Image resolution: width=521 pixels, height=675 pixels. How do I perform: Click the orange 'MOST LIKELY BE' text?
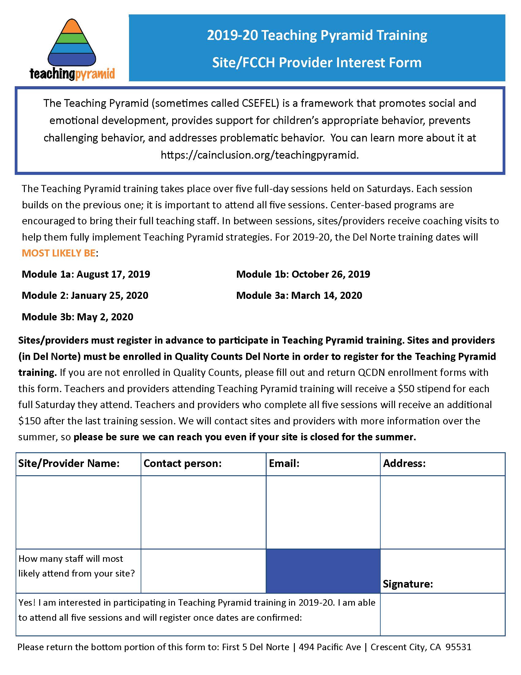pyautogui.click(x=59, y=253)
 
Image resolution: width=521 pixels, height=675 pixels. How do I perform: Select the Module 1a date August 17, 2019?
pyautogui.click(x=113, y=274)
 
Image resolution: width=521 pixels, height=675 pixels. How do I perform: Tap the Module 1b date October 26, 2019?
pyautogui.click(x=331, y=274)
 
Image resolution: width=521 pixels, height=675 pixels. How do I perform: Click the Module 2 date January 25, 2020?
pyautogui.click(x=110, y=295)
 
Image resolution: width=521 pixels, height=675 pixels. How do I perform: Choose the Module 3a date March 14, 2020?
pyautogui.click(x=327, y=295)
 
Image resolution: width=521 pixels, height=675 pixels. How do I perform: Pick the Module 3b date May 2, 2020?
pyautogui.click(x=105, y=317)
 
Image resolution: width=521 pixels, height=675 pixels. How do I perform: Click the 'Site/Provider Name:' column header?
pyautogui.click(x=69, y=463)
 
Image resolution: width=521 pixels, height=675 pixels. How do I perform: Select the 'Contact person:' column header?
pyautogui.click(x=182, y=463)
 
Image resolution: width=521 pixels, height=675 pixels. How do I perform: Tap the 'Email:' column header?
pyautogui.click(x=284, y=463)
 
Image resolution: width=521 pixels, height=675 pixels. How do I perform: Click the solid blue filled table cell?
pyautogui.click(x=323, y=571)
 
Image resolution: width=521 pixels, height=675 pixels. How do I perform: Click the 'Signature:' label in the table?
pyautogui.click(x=408, y=584)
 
